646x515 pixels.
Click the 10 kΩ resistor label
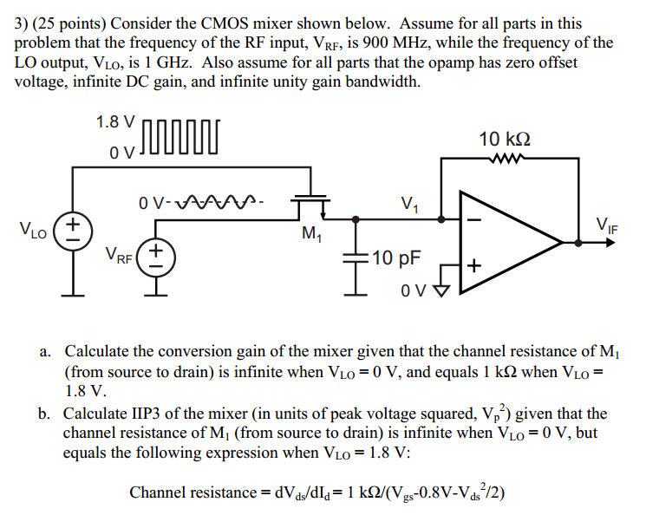[x=505, y=139]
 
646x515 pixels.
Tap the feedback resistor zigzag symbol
[x=505, y=159]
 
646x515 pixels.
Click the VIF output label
[x=607, y=226]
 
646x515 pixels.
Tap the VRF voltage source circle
[x=157, y=256]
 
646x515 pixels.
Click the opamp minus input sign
[x=473, y=218]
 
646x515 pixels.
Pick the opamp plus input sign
[x=473, y=264]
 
